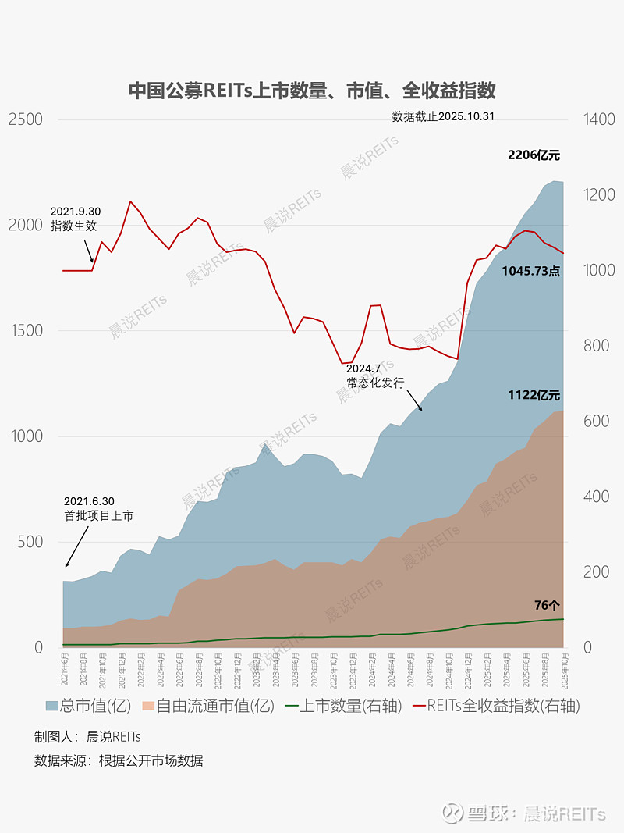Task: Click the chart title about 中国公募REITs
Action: pos(312,91)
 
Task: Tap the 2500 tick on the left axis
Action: pos(25,119)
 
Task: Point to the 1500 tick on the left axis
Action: pos(25,331)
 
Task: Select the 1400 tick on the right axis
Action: pos(598,119)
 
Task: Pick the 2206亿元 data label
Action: pos(534,155)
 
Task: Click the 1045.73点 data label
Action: pos(530,272)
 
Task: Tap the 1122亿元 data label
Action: pos(534,396)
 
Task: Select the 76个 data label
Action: pos(547,606)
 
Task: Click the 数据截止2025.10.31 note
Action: pos(443,116)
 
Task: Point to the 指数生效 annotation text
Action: pos(75,226)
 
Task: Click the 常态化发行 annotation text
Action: pos(375,383)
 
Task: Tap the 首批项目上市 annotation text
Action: pos(98,516)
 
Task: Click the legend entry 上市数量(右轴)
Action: pos(343,706)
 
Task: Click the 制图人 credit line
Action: pos(87,736)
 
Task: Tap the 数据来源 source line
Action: pos(119,760)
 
